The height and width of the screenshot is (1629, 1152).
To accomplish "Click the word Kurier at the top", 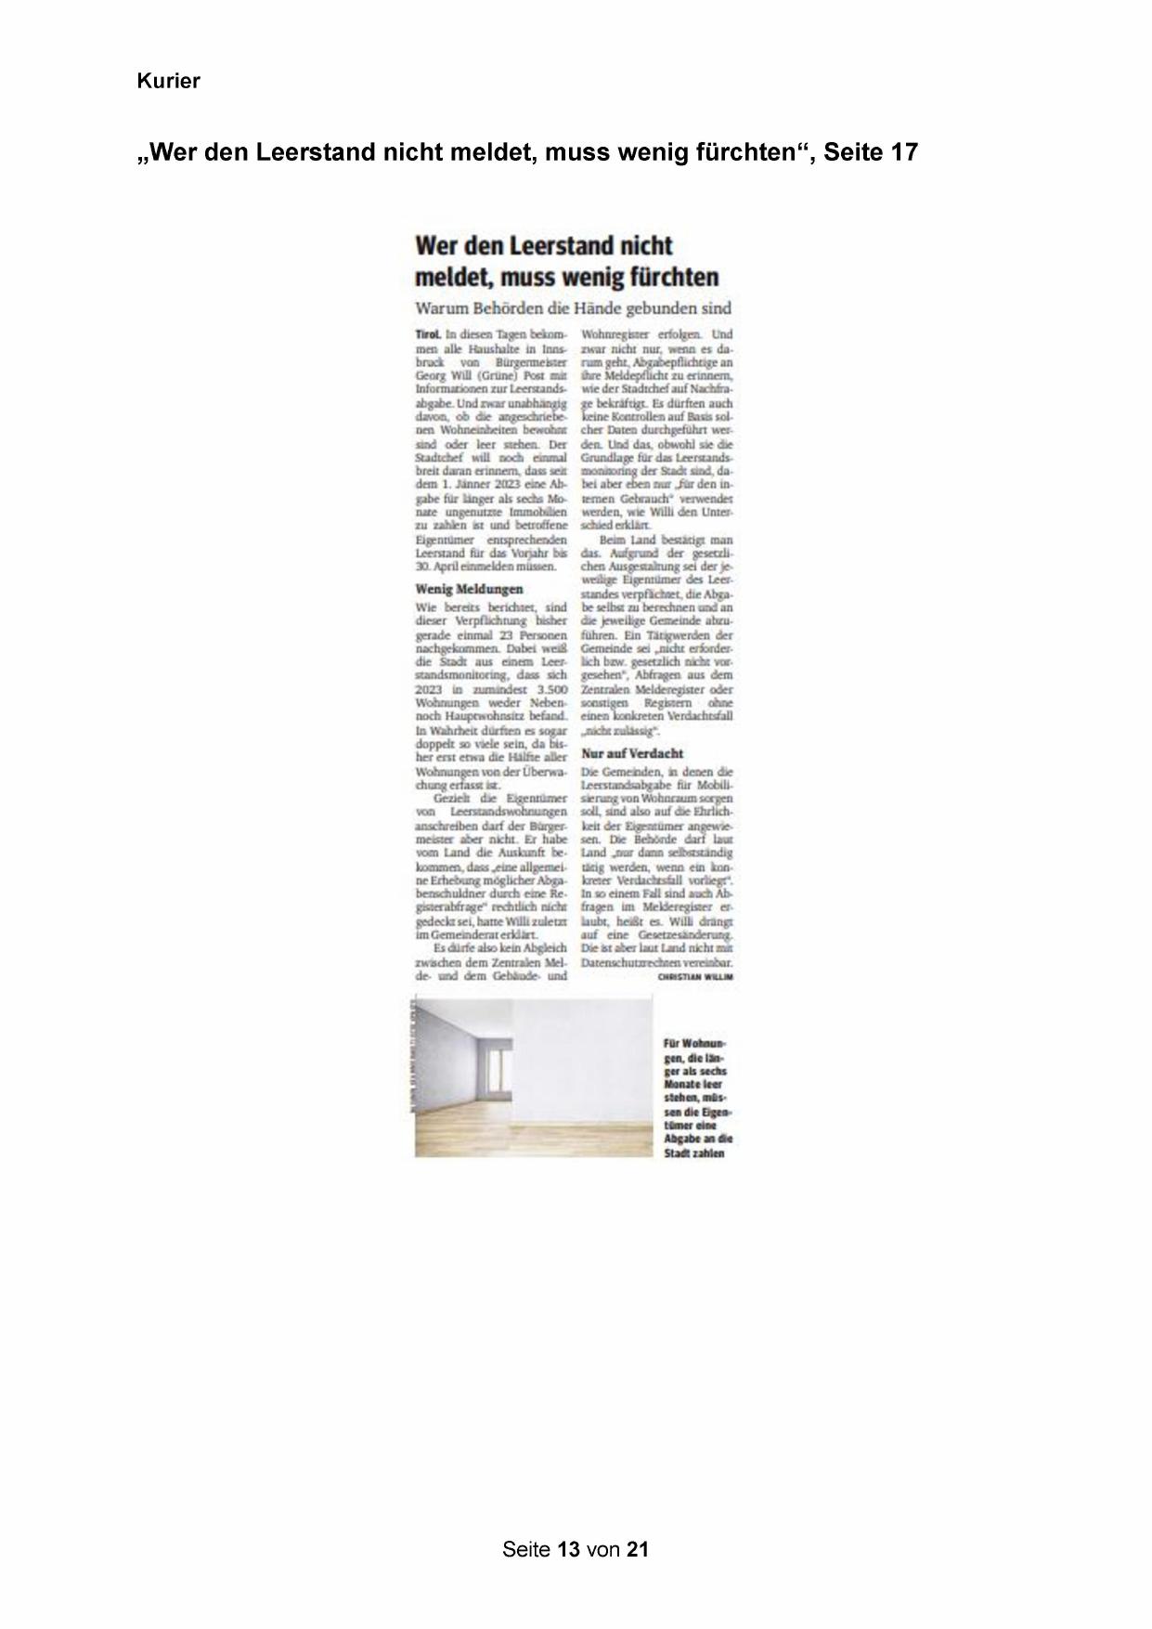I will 168,82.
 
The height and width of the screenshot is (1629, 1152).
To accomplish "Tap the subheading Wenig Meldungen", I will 469,589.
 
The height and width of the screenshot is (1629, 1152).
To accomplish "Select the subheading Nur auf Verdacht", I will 632,753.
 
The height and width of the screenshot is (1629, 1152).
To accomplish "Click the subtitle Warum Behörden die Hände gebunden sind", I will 573,308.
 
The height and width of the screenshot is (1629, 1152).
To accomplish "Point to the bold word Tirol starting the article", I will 428,334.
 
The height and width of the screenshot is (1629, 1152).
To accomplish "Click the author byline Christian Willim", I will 695,977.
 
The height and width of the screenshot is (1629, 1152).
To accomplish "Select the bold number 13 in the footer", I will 569,1549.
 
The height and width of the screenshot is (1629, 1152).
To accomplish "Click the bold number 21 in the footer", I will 637,1549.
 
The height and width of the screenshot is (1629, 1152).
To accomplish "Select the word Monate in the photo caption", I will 682,1085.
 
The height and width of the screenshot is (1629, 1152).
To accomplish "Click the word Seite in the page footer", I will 525,1549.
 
